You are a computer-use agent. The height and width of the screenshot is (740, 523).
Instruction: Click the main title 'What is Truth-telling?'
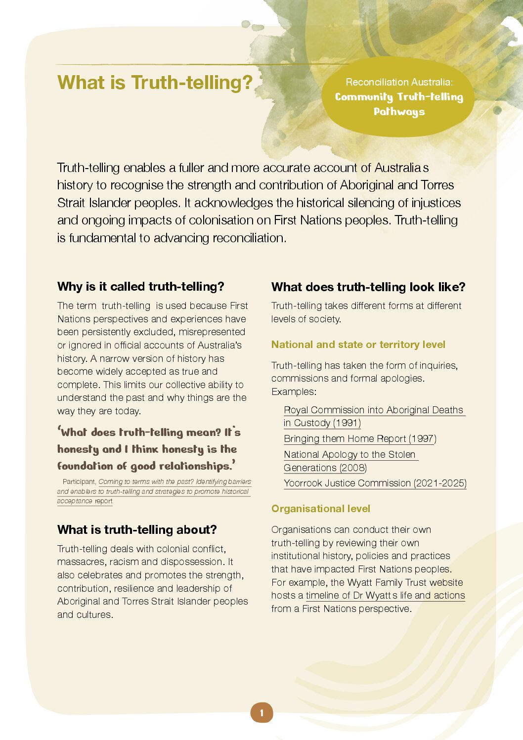155,83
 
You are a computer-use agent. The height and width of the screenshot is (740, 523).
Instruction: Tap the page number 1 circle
261,713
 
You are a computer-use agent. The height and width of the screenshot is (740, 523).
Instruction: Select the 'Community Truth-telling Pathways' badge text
399,104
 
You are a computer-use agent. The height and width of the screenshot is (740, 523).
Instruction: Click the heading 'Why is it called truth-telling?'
140,286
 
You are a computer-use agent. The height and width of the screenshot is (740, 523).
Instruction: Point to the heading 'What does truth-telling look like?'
368,287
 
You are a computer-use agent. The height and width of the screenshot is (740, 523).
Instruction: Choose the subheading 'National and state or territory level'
358,345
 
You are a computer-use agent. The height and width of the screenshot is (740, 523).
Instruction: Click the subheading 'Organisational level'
320,509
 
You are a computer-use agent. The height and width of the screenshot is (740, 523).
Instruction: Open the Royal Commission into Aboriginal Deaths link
373,410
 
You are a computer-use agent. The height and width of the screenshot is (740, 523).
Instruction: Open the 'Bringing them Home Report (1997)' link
360,438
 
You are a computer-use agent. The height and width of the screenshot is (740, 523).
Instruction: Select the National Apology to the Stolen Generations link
349,455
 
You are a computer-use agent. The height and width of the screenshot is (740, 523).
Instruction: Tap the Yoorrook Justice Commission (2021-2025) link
375,483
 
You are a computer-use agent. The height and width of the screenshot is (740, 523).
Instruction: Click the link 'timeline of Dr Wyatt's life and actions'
385,595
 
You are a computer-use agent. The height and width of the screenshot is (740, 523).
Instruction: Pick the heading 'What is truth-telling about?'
137,529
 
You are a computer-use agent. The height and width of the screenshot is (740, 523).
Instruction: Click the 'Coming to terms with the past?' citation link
174,481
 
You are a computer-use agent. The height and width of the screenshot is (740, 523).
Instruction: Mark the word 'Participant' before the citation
79,481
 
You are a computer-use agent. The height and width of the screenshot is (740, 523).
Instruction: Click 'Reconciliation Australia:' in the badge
399,82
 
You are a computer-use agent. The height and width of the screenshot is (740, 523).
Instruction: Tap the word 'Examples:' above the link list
294,392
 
